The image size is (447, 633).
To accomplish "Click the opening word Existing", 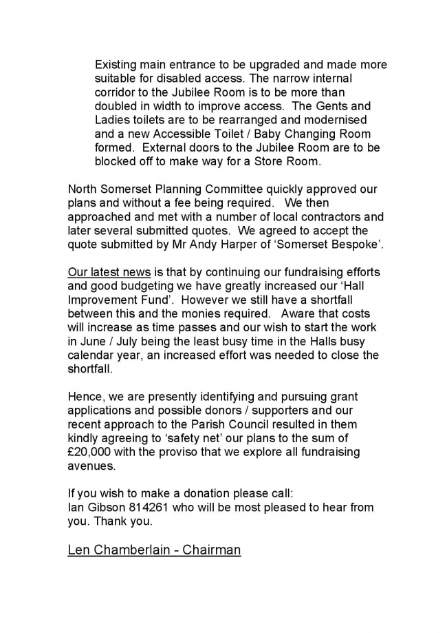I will (x=116, y=65).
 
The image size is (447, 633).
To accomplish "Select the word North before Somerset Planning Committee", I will (x=84, y=189).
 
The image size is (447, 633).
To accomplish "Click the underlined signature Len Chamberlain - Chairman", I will (x=154, y=550).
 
